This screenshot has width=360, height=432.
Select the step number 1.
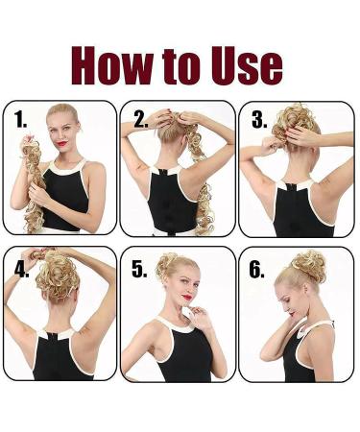pyautogui.click(x=21, y=121)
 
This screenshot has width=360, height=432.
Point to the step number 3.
pyautogui.click(x=258, y=121)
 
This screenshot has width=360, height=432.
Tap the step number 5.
pyautogui.click(x=139, y=270)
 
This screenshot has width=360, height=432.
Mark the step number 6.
pyautogui.click(x=256, y=270)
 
